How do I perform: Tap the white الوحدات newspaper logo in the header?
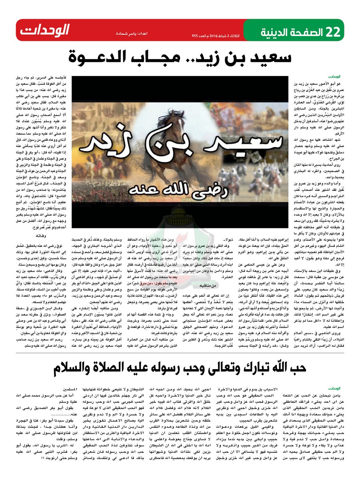[45, 30]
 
